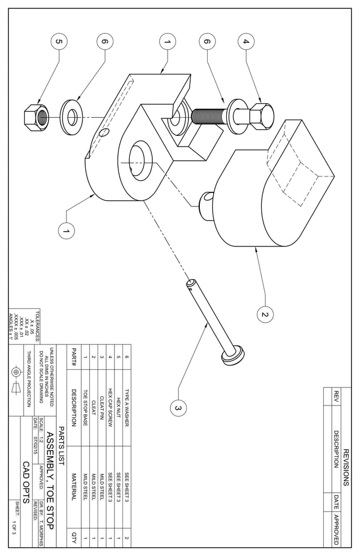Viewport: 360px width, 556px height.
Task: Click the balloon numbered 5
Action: (x=58, y=41)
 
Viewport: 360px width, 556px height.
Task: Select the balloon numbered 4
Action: (x=245, y=41)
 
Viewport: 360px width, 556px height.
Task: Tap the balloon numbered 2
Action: (x=264, y=314)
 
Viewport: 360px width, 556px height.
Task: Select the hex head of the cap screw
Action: (x=261, y=116)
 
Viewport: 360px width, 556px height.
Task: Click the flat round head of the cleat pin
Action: (x=233, y=355)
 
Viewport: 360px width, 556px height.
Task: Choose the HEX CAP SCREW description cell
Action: (x=110, y=400)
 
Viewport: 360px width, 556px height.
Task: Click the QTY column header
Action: (x=73, y=538)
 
